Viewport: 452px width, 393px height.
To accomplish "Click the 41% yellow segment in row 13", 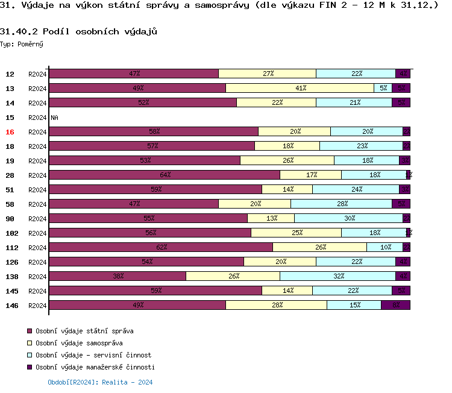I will [300, 88].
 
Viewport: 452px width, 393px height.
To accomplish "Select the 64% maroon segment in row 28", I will [165, 175].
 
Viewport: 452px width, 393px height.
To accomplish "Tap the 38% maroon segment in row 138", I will [118, 276].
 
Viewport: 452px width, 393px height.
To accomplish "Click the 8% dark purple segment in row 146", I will [395, 305].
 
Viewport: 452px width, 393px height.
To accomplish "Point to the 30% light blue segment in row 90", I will [348, 218].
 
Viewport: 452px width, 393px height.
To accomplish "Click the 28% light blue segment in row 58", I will [341, 204].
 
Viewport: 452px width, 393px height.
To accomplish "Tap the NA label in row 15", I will [54, 118].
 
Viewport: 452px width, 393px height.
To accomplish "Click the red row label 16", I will [10, 132].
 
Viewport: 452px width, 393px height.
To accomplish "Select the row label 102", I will [12, 233].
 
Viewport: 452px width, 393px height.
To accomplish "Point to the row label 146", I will [12, 306].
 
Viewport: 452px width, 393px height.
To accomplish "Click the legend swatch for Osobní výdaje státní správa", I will [30, 331].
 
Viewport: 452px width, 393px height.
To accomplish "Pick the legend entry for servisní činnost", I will [93, 355].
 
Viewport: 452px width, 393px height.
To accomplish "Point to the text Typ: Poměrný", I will [22, 45].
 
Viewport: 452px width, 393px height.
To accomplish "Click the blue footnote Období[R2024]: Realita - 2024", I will [100, 382].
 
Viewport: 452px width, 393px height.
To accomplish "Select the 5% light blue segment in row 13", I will [383, 88].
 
